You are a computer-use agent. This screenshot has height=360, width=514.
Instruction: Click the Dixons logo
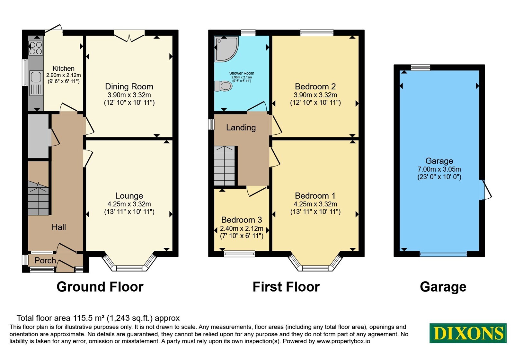coord(468,333)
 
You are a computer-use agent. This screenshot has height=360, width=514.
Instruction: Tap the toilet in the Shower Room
coord(223,86)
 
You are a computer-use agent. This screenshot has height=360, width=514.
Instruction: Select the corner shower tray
coord(226,49)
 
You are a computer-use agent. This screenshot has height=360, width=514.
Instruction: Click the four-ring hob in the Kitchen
coord(36,48)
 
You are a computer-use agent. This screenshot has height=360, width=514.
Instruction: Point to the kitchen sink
coord(36,83)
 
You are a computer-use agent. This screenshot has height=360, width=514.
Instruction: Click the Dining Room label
coord(129,86)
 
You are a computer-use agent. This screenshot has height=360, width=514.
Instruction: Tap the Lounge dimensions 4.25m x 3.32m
coord(129,204)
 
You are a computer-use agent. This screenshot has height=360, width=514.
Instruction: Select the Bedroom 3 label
coord(241,220)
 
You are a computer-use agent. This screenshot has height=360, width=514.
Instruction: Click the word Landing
coord(241,127)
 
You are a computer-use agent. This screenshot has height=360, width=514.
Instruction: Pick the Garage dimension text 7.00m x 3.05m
coord(439,169)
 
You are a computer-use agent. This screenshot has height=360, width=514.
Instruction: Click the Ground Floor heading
coord(100,287)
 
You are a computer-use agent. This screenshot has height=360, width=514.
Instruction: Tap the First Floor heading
coord(286,287)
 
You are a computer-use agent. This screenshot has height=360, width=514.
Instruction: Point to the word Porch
coord(45,260)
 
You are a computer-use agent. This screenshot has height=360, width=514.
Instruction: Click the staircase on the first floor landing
coord(225,166)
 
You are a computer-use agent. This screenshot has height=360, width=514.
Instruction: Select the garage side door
coord(485,190)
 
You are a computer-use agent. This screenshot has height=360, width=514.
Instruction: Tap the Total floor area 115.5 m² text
coord(98,318)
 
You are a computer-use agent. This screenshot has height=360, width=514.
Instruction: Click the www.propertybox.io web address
coord(343,341)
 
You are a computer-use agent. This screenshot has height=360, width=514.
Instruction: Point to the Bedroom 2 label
coord(315,86)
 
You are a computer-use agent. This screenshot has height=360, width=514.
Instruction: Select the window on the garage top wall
coord(421,67)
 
